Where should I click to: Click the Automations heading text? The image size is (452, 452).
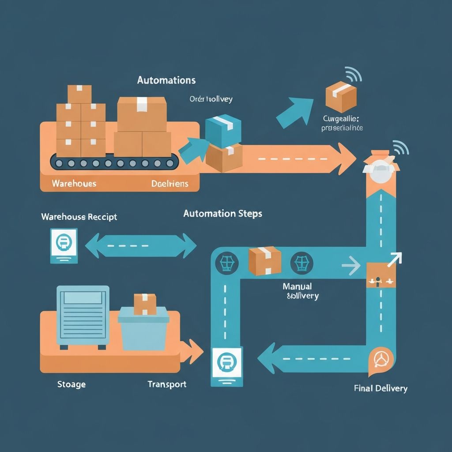(x=166, y=80)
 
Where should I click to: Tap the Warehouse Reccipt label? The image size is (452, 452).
(x=79, y=217)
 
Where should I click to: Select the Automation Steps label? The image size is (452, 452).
(x=222, y=214)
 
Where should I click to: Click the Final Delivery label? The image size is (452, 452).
(x=380, y=388)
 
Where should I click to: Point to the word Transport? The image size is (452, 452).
(x=167, y=384)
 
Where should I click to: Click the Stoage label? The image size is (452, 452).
(x=72, y=384)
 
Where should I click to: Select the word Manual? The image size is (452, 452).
(x=297, y=286)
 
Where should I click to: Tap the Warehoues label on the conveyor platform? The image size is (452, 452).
(x=74, y=183)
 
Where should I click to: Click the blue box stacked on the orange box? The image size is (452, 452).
(x=224, y=130)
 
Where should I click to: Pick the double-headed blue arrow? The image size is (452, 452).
(x=140, y=245)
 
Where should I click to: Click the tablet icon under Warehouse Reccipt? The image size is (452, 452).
(x=64, y=245)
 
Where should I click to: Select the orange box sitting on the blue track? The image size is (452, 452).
(x=265, y=261)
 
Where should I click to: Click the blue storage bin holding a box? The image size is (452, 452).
(x=143, y=328)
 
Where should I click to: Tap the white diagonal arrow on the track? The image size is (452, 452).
(x=394, y=260)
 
